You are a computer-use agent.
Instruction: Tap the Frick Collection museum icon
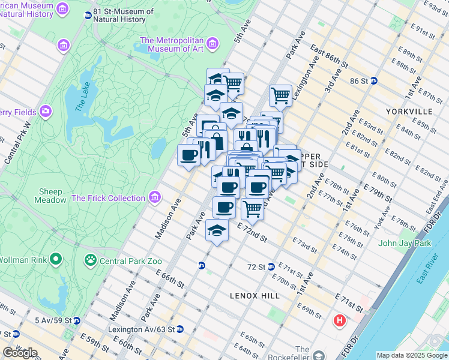click(155, 197)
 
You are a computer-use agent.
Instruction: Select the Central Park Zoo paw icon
click(91, 260)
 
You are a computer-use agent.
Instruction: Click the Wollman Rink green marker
click(56, 260)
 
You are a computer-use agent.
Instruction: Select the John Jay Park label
click(405, 243)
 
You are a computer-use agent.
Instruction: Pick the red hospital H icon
click(340, 321)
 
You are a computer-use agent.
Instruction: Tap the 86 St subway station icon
click(373, 80)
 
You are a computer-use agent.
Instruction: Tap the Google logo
click(20, 353)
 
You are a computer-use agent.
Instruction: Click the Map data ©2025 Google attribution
click(411, 355)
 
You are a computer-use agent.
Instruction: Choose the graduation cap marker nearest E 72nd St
click(217, 230)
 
